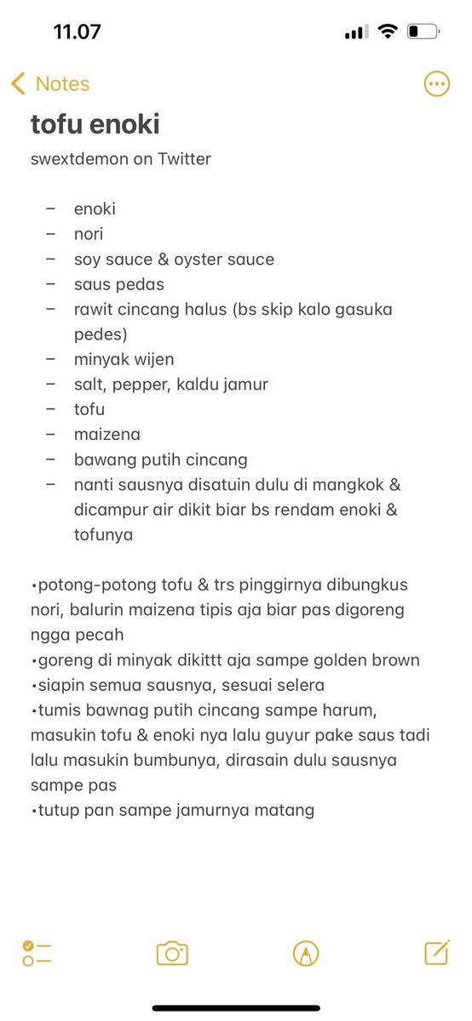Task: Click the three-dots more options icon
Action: pyautogui.click(x=436, y=83)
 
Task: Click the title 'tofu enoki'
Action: pyautogui.click(x=95, y=124)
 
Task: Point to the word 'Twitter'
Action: pyautogui.click(x=184, y=159)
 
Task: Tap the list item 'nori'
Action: pyautogui.click(x=89, y=234)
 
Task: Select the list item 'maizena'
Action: pyautogui.click(x=106, y=435)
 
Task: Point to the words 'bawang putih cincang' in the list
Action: pyautogui.click(x=160, y=459)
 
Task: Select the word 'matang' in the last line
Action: pyautogui.click(x=286, y=810)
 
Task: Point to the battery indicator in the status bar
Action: pyautogui.click(x=423, y=32)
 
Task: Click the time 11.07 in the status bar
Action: pyautogui.click(x=77, y=32)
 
